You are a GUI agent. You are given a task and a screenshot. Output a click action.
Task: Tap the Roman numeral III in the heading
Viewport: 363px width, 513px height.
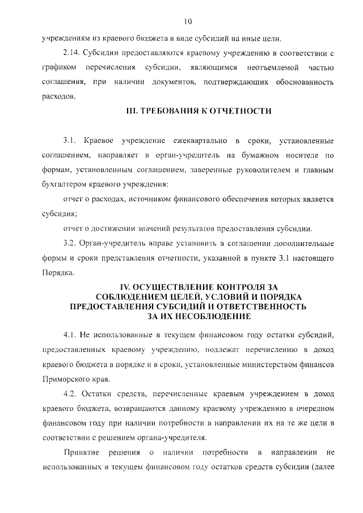pos(131,111)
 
